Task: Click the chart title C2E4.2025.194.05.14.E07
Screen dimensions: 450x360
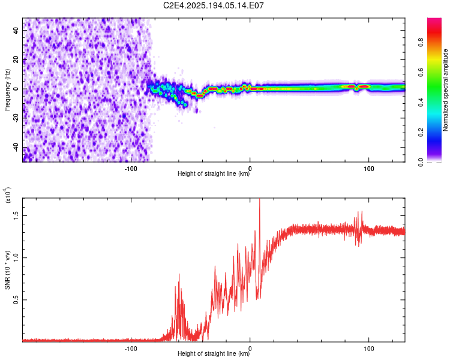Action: tap(213, 5)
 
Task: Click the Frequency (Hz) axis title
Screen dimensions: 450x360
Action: tap(7, 90)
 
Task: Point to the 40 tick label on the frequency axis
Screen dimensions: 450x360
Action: tap(16, 31)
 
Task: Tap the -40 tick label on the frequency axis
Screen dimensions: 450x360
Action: tap(16, 147)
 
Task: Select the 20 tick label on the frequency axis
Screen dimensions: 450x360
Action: tap(16, 60)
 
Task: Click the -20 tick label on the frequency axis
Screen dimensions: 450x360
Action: tap(16, 118)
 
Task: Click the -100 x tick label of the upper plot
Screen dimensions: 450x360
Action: tap(131, 169)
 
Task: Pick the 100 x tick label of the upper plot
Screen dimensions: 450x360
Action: tap(369, 169)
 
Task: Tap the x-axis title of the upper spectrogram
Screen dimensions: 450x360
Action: tap(214, 173)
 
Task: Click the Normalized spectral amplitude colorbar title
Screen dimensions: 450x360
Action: tap(445, 90)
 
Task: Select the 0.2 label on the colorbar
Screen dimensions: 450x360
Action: tap(421, 133)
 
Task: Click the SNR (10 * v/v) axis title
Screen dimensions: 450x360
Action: tap(7, 270)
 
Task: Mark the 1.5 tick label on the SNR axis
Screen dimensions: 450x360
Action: tap(16, 215)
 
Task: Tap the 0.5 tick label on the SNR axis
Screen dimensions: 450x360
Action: tap(16, 300)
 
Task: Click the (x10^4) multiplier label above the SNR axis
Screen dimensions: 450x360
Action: tap(7, 195)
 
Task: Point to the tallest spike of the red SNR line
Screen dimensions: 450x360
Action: tap(259, 200)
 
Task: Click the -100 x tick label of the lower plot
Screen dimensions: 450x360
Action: tap(131, 349)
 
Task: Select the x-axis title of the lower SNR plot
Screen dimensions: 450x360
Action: tap(214, 353)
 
